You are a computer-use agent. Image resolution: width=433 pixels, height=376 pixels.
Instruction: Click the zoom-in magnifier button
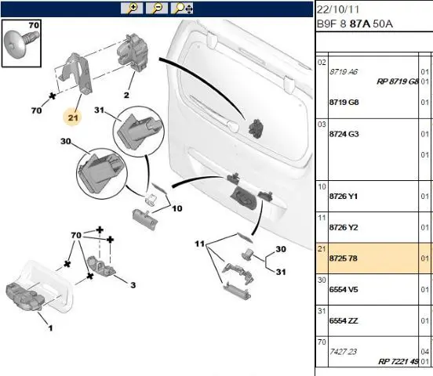pyautogui.click(x=132, y=9)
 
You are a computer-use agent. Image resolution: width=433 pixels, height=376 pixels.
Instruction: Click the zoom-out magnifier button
pyautogui.click(x=157, y=9)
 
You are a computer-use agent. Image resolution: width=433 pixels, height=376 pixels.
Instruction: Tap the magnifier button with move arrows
pyautogui.click(x=182, y=9)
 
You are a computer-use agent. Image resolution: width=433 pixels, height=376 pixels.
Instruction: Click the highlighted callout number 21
pyautogui.click(x=73, y=117)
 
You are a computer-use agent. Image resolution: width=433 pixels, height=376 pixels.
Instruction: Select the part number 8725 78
pyautogui.click(x=344, y=258)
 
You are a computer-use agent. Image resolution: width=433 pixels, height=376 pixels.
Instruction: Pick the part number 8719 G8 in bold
pyautogui.click(x=344, y=103)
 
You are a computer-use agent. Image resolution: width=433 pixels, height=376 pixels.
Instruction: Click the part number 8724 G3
pyautogui.click(x=344, y=134)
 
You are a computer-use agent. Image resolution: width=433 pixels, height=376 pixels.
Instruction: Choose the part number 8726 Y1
pyautogui.click(x=344, y=197)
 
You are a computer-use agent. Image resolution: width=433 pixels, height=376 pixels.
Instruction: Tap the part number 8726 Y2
pyautogui.click(x=344, y=228)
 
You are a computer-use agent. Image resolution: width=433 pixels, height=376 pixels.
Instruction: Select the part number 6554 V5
pyautogui.click(x=344, y=290)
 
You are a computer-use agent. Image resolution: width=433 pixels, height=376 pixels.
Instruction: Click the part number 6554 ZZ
pyautogui.click(x=344, y=321)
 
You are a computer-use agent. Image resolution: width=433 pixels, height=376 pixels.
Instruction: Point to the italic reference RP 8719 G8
pyautogui.click(x=398, y=81)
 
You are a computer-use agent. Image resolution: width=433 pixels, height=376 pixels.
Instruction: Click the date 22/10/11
pyautogui.click(x=338, y=9)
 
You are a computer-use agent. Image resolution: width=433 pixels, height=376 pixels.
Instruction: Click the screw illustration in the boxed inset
pyautogui.click(x=22, y=44)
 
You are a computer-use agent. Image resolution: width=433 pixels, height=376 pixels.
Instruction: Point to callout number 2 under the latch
pyautogui.click(x=126, y=95)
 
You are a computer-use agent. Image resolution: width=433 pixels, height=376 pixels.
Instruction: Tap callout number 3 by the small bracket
pyautogui.click(x=133, y=285)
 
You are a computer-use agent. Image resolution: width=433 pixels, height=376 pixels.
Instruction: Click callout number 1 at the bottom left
pyautogui.click(x=50, y=328)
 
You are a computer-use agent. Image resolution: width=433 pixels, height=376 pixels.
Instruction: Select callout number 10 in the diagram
pyautogui.click(x=177, y=208)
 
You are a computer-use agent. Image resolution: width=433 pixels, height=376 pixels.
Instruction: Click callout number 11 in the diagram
pyautogui.click(x=200, y=244)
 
